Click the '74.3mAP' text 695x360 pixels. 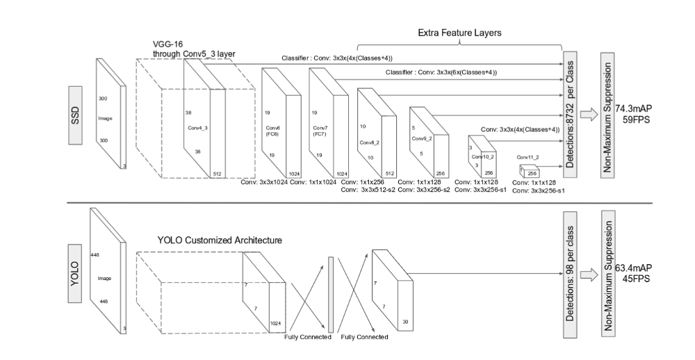pos(633,108)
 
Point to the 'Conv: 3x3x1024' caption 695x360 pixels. pos(264,182)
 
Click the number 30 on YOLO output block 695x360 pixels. pos(404,322)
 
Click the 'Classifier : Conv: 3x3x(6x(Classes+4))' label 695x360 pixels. pos(441,72)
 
